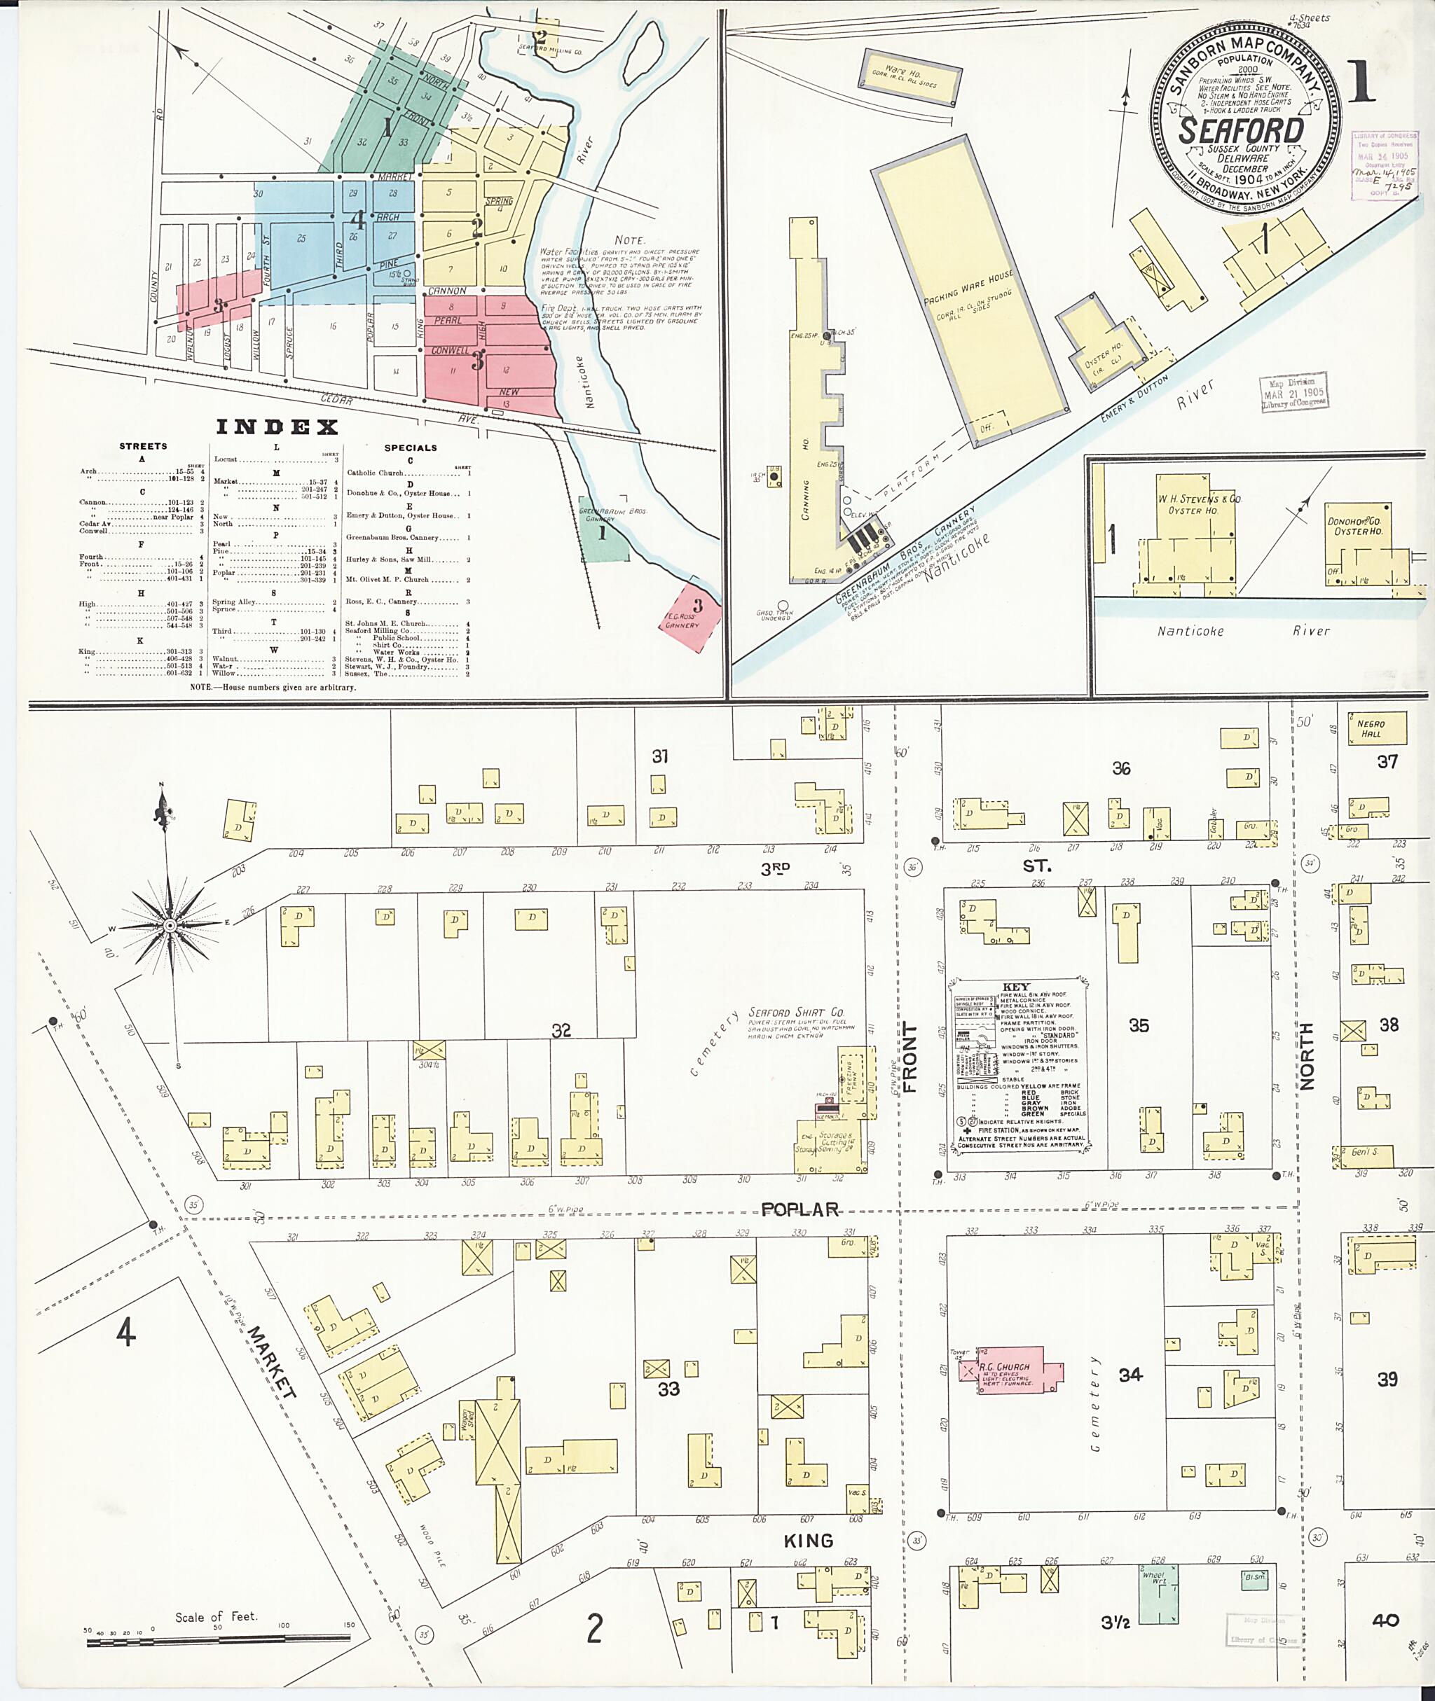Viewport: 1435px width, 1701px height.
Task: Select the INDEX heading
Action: [x=277, y=428]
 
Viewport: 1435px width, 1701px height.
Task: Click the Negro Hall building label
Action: [x=1370, y=728]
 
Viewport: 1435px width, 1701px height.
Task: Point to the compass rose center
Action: [x=169, y=925]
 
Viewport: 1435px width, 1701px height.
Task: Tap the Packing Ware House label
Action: [x=968, y=291]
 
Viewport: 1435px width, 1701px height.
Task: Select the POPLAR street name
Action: [x=799, y=1209]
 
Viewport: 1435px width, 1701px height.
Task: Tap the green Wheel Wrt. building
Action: [x=1157, y=1596]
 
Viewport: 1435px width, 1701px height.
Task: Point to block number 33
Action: [x=668, y=1389]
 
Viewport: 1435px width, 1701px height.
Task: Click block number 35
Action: [x=1138, y=1026]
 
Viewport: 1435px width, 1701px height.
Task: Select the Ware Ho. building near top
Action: [x=909, y=78]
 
